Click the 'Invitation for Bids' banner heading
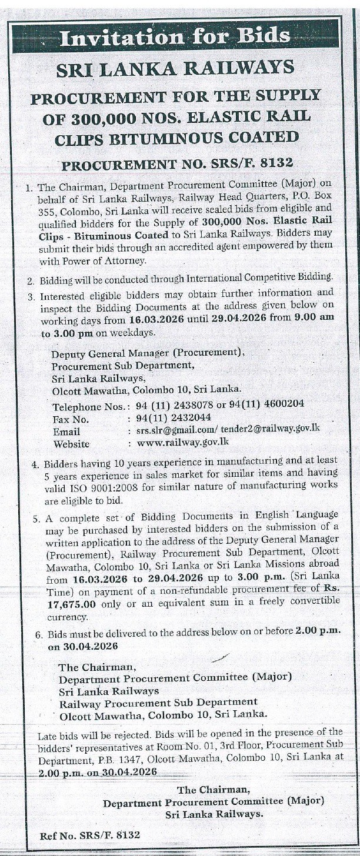(175, 38)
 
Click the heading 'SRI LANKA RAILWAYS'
(175, 69)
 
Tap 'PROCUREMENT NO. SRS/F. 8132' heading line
(177, 163)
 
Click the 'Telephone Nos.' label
(88, 406)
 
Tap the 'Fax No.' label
(71, 419)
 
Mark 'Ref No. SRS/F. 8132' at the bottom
(90, 835)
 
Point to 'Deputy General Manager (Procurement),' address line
(147, 353)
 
